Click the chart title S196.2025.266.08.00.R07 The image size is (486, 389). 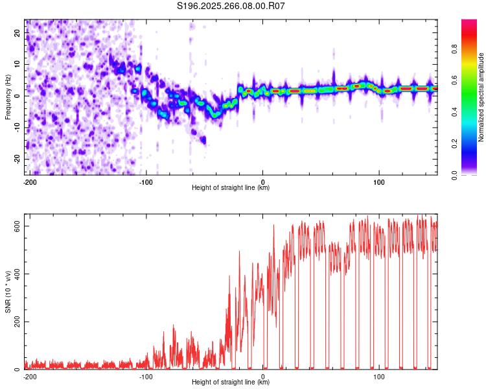(231, 6)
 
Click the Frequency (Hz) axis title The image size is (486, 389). (8, 97)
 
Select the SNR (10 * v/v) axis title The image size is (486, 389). (8, 295)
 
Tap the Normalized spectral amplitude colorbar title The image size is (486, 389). (481, 97)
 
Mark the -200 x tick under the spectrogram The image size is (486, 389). (29, 182)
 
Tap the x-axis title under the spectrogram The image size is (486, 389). (231, 188)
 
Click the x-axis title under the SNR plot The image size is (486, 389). (231, 383)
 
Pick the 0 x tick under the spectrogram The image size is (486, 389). (262, 182)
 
